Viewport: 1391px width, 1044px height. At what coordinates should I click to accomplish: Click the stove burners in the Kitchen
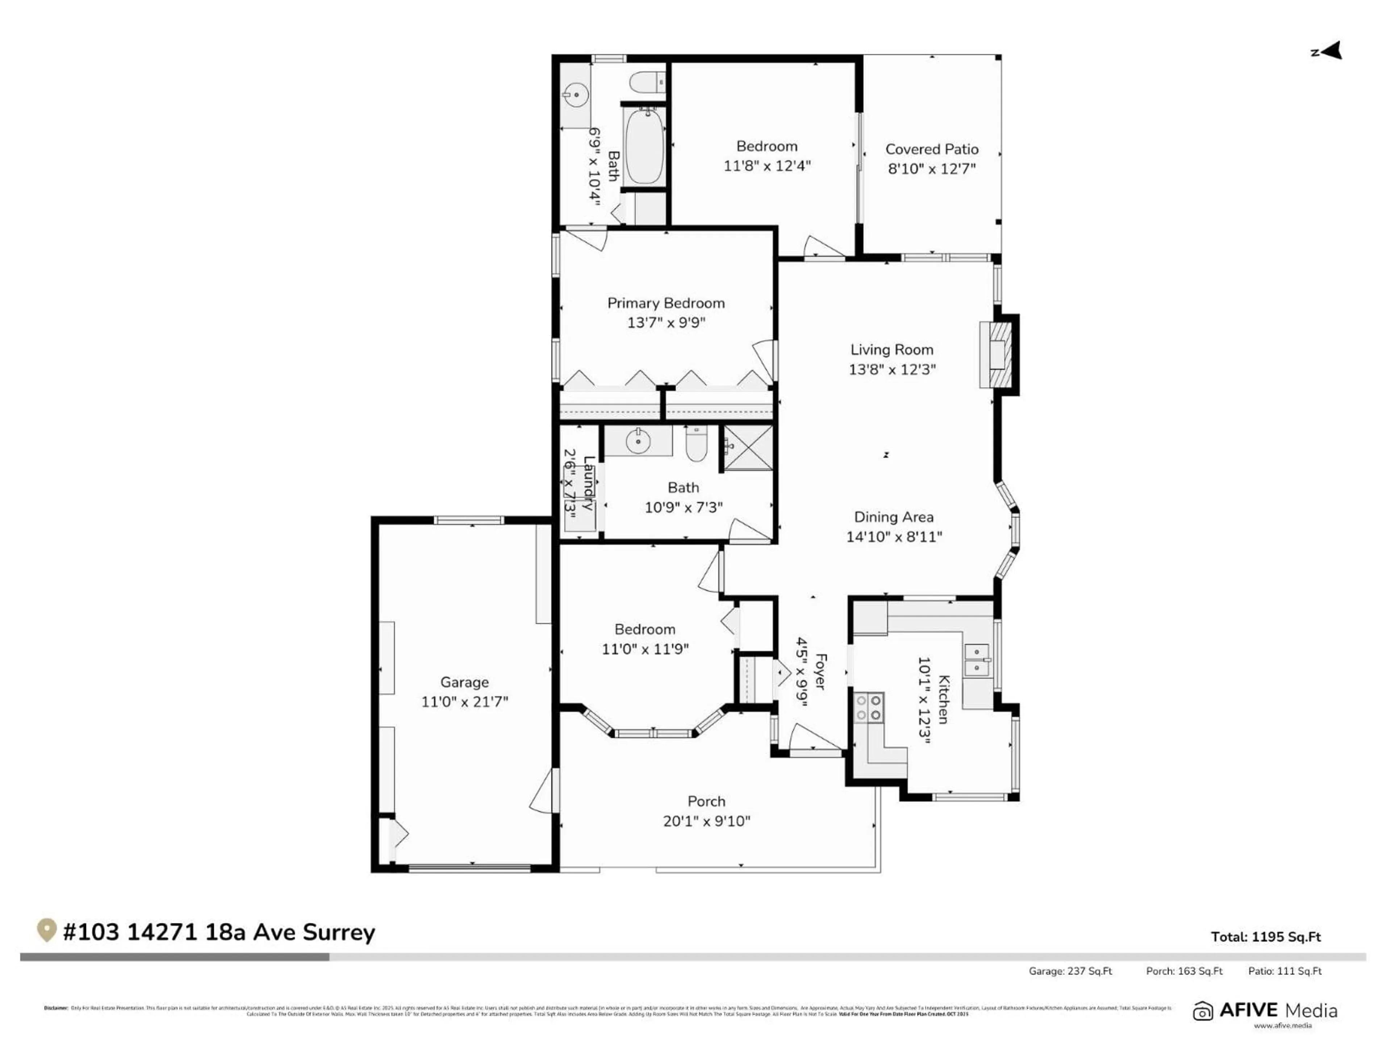pyautogui.click(x=868, y=707)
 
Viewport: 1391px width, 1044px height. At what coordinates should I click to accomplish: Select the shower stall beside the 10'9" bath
pyautogui.click(x=748, y=447)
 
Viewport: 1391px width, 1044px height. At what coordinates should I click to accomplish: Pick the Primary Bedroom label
pyautogui.click(x=665, y=303)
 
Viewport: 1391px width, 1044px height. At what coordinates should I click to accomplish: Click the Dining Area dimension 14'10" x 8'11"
pyautogui.click(x=894, y=537)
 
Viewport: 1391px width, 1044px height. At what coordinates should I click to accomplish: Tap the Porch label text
pyautogui.click(x=706, y=801)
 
